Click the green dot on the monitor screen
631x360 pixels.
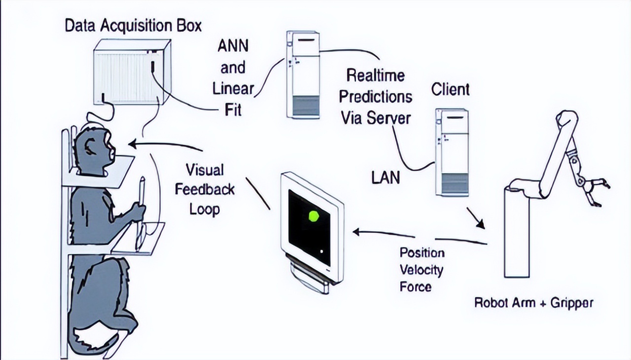314,216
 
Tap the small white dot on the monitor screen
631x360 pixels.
321,252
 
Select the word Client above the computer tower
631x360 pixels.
450,90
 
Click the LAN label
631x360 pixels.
386,177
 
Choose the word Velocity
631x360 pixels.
421,270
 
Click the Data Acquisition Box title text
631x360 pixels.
133,26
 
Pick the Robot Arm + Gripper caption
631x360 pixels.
533,302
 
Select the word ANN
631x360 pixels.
233,47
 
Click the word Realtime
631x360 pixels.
375,75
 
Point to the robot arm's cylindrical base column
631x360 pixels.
517,232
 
